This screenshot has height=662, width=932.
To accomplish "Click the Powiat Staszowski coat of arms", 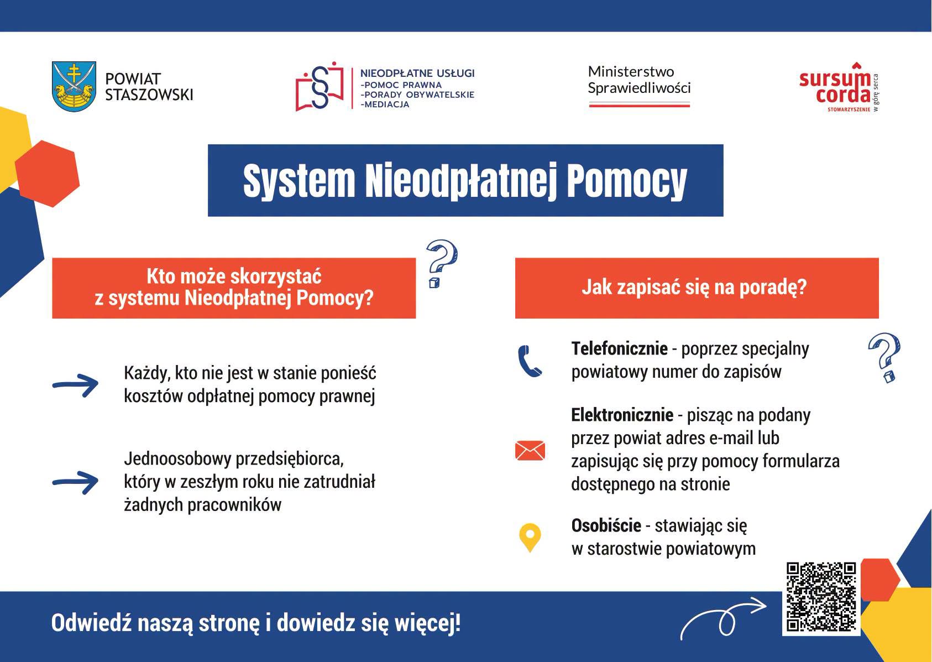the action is pyautogui.click(x=74, y=86).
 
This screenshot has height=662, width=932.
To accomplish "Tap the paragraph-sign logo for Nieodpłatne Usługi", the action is pyautogui.click(x=320, y=87).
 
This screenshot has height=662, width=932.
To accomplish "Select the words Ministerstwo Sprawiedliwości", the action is pyautogui.click(x=639, y=80).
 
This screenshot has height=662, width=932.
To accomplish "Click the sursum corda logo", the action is pyautogui.click(x=839, y=88).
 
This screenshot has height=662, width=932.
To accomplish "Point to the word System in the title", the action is pyautogui.click(x=299, y=181).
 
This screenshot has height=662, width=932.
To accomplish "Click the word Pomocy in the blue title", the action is pyautogui.click(x=627, y=181).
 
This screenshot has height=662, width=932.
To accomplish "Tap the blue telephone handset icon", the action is pyautogui.click(x=530, y=361).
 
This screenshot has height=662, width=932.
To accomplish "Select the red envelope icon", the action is pyautogui.click(x=530, y=451).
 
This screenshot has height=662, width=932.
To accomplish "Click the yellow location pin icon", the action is pyautogui.click(x=530, y=538).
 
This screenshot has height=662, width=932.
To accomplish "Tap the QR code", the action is pyautogui.click(x=821, y=597).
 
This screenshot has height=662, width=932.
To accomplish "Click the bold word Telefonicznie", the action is pyautogui.click(x=619, y=348).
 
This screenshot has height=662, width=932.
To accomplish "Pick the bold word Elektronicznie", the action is pyautogui.click(x=622, y=415).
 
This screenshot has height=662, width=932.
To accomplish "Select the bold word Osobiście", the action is pyautogui.click(x=606, y=525).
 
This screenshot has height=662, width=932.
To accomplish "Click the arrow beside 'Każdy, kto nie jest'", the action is pyautogui.click(x=75, y=385).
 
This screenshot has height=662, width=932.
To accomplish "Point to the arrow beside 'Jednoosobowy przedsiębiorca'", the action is pyautogui.click(x=75, y=483).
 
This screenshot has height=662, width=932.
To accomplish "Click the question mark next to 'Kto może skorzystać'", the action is pyautogui.click(x=442, y=264).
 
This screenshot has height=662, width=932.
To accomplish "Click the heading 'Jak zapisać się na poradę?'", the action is pyautogui.click(x=694, y=288).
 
